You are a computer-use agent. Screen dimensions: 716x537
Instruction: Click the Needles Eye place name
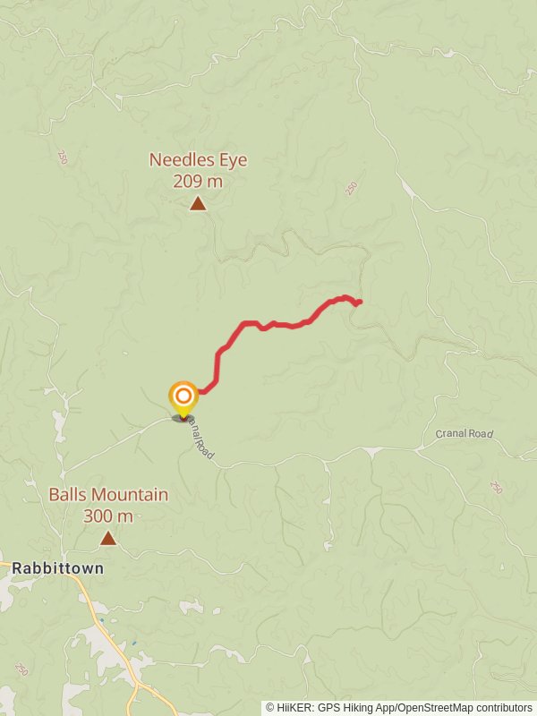(198, 160)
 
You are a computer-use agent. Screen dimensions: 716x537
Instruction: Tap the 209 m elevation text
(198, 181)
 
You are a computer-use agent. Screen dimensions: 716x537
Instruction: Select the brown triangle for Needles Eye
(198, 204)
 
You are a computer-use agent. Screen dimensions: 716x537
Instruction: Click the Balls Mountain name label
(108, 495)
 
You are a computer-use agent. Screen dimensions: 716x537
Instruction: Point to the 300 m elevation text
(108, 516)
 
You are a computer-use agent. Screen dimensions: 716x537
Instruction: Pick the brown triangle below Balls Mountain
(108, 538)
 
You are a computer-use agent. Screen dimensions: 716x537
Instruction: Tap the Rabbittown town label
(57, 567)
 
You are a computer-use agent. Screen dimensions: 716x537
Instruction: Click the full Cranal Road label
(465, 434)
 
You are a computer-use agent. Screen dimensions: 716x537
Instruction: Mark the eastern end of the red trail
(359, 303)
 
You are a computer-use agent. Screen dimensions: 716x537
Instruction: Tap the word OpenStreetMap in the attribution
(432, 708)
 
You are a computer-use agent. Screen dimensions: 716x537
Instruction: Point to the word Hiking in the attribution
(360, 708)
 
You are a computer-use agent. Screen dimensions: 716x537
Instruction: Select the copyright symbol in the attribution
(270, 708)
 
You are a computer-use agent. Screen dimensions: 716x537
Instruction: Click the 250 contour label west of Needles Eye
(63, 158)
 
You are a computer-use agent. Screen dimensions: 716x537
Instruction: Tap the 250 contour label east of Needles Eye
(351, 189)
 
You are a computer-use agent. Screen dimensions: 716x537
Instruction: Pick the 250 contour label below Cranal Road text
(496, 488)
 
